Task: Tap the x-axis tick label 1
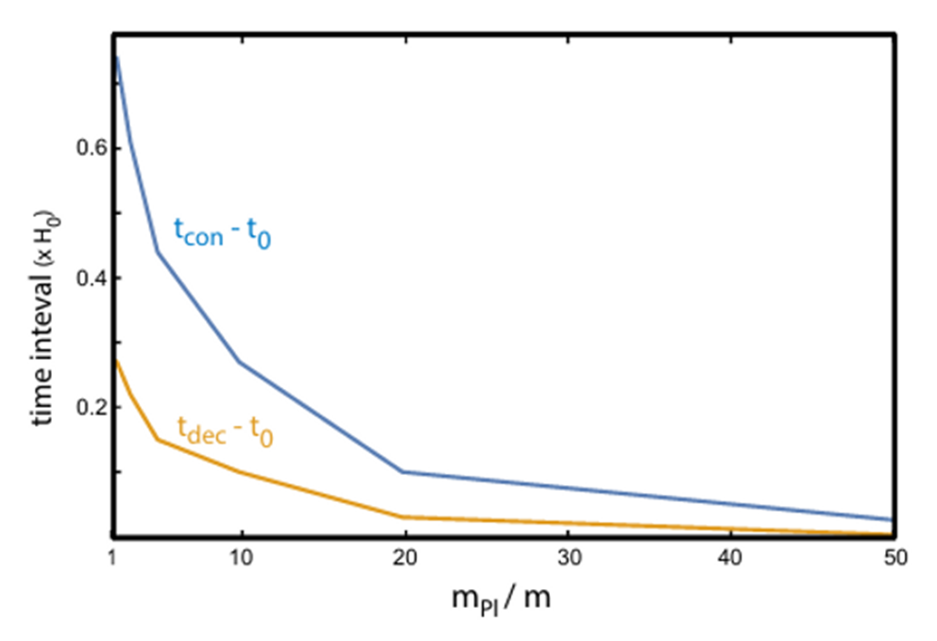pyautogui.click(x=113, y=558)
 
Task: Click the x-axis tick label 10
pyautogui.click(x=242, y=558)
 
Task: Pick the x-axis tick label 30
pyautogui.click(x=568, y=558)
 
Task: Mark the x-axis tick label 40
pyautogui.click(x=730, y=558)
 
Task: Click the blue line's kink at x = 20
pyautogui.click(x=403, y=471)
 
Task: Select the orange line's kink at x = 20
pyautogui.click(x=403, y=516)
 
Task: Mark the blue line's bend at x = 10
pyautogui.click(x=240, y=362)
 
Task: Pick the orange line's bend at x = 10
pyautogui.click(x=240, y=471)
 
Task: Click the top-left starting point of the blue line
pyautogui.click(x=116, y=59)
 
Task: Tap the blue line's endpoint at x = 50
pyautogui.click(x=891, y=519)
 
